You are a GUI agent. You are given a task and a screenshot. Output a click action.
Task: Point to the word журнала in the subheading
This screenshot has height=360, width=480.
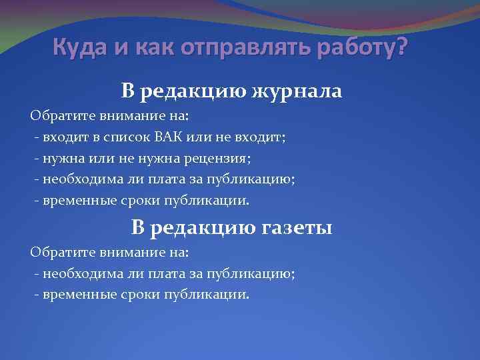[296, 91]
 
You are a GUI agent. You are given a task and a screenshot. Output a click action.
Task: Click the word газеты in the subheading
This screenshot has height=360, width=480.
[294, 228]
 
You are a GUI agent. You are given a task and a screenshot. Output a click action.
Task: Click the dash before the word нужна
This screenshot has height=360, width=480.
[36, 159]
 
